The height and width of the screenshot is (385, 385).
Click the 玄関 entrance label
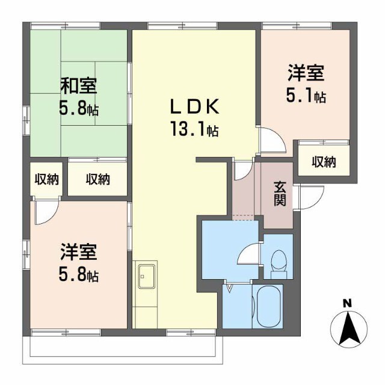click(280, 192)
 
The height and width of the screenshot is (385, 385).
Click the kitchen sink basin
click(146, 277)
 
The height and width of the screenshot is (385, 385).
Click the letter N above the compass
click(347, 304)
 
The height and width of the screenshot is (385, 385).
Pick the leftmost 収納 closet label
click(46, 179)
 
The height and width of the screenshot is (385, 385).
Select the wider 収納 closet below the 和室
click(97, 179)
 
